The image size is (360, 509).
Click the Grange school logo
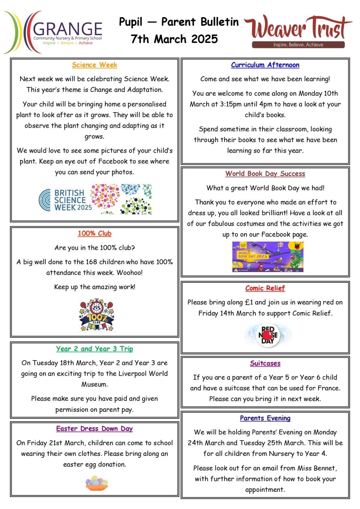(x=53, y=32)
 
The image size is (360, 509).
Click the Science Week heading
(x=94, y=65)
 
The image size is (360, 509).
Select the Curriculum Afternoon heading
(x=265, y=65)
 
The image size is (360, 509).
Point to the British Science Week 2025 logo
(x=95, y=199)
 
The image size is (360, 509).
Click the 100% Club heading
(x=94, y=233)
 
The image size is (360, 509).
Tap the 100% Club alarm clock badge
(x=97, y=314)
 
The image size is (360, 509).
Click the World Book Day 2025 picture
(x=268, y=257)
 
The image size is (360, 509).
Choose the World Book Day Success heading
(x=265, y=174)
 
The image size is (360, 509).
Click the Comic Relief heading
(x=265, y=288)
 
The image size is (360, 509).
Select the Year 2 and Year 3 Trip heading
(x=94, y=349)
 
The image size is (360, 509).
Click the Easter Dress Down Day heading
(x=94, y=429)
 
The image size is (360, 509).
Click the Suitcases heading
(x=265, y=364)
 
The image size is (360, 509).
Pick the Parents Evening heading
(x=265, y=418)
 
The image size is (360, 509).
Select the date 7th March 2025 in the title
(x=174, y=39)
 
